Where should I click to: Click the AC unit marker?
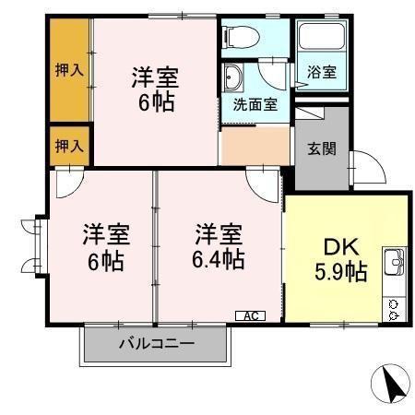tap(249, 315)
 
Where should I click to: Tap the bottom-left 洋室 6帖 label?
tap(105, 247)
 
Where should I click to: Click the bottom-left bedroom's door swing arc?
tap(66, 184)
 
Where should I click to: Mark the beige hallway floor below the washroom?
tap(255, 143)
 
